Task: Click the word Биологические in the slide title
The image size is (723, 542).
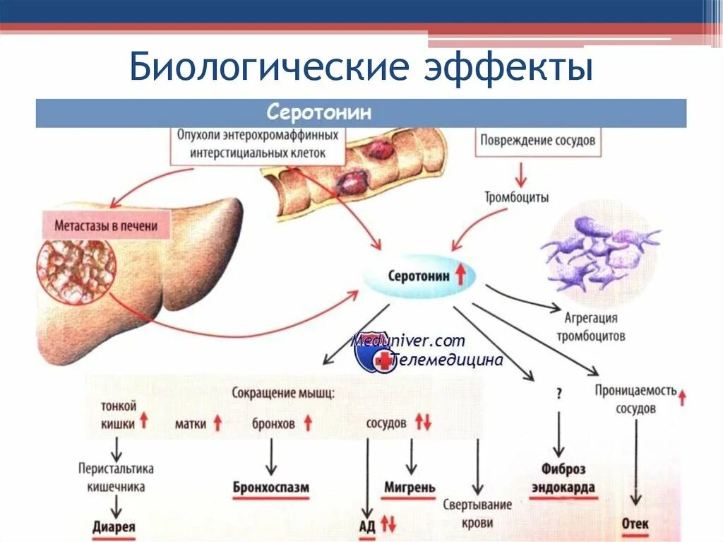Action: tap(247, 69)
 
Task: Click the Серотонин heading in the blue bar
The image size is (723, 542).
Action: tap(319, 113)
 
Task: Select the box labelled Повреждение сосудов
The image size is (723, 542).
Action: tap(537, 141)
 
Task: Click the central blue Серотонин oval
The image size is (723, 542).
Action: tap(421, 276)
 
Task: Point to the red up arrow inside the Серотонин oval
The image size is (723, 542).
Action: tap(460, 275)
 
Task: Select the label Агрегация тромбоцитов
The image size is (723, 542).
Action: tap(590, 326)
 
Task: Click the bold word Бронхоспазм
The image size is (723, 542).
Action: tap(271, 488)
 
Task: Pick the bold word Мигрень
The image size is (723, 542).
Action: tap(410, 488)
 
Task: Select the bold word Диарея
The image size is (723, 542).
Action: tap(114, 526)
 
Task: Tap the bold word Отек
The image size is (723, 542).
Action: tap(635, 524)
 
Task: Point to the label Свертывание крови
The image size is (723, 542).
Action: tap(477, 514)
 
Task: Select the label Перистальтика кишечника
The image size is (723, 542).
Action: tap(116, 477)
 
